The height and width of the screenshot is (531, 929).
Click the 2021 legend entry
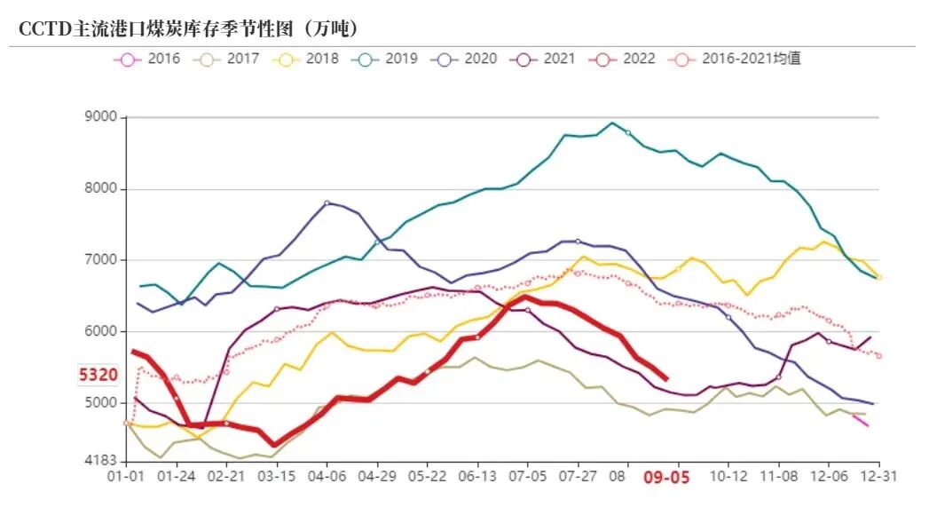point(542,59)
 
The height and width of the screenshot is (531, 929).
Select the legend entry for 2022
point(621,59)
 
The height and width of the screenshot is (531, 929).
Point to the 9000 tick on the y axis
point(102,117)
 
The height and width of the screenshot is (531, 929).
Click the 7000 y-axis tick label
point(102,260)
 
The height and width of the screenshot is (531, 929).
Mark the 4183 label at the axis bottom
point(102,461)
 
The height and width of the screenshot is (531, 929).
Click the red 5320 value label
point(98,376)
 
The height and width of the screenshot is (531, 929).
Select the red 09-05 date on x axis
point(665,477)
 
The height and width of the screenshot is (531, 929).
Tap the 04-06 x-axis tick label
point(327,476)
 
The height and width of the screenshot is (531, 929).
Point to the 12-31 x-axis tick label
point(878,476)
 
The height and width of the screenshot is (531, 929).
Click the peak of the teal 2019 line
point(611,123)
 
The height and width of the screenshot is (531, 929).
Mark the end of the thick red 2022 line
point(666,379)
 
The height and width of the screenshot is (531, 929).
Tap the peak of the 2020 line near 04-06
point(327,202)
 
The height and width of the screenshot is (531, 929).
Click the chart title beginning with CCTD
point(188,28)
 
